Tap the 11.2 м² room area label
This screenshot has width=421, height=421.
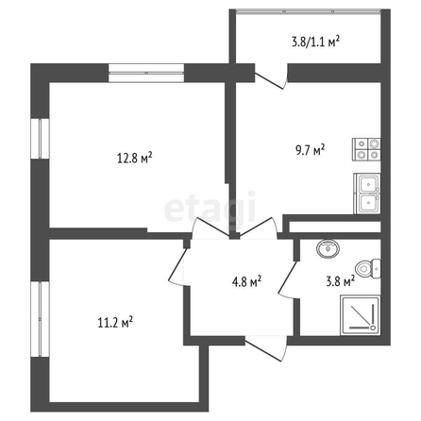pos(115,323)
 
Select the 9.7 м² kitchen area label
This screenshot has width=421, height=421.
pos(310,150)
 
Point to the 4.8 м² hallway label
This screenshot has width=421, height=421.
pos(246,281)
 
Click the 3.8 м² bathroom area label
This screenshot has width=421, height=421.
pos(341,281)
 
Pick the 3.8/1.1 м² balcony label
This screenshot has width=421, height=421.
pos(316,42)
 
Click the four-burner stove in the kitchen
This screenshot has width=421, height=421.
pos(366,149)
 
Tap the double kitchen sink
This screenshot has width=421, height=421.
pos(367,194)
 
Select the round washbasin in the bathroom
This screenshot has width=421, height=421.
pos(328,248)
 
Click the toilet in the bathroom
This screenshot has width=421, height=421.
pos(368,269)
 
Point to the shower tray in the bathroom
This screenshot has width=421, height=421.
pos(361,315)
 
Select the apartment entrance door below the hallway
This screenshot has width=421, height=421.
pos(267,348)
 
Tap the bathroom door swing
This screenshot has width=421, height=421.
pos(288,279)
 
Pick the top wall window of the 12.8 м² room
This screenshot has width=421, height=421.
pos(146,73)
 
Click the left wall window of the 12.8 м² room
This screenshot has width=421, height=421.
pos(40,139)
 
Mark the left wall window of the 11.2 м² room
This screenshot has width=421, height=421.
pos(40,319)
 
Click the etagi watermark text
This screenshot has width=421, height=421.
pos(210,208)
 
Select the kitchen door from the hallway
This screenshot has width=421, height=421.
pos(259,227)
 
